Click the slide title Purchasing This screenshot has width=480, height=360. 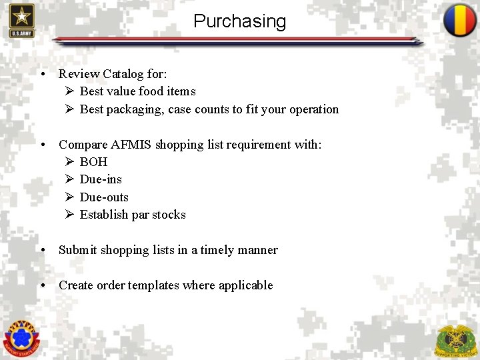click(239, 21)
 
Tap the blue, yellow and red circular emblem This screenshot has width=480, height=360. click(459, 21)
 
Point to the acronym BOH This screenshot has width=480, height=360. click(93, 162)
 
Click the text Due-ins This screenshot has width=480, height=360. click(101, 179)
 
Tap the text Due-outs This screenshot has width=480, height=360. click(104, 197)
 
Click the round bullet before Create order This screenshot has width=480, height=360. click(43, 285)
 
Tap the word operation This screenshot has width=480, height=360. click(314, 109)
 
